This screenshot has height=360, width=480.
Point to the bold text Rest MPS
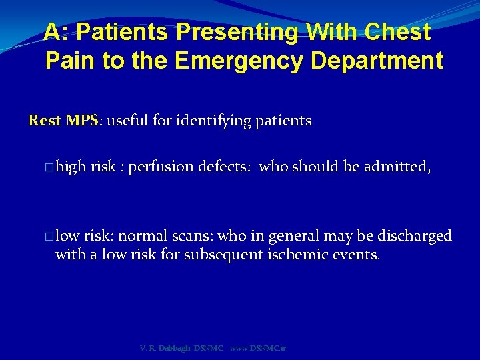(63, 121)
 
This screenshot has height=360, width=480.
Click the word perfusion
(163, 166)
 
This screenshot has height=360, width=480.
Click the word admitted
(397, 166)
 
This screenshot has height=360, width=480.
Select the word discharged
(415, 236)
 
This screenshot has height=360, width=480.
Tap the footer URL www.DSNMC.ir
(257, 348)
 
